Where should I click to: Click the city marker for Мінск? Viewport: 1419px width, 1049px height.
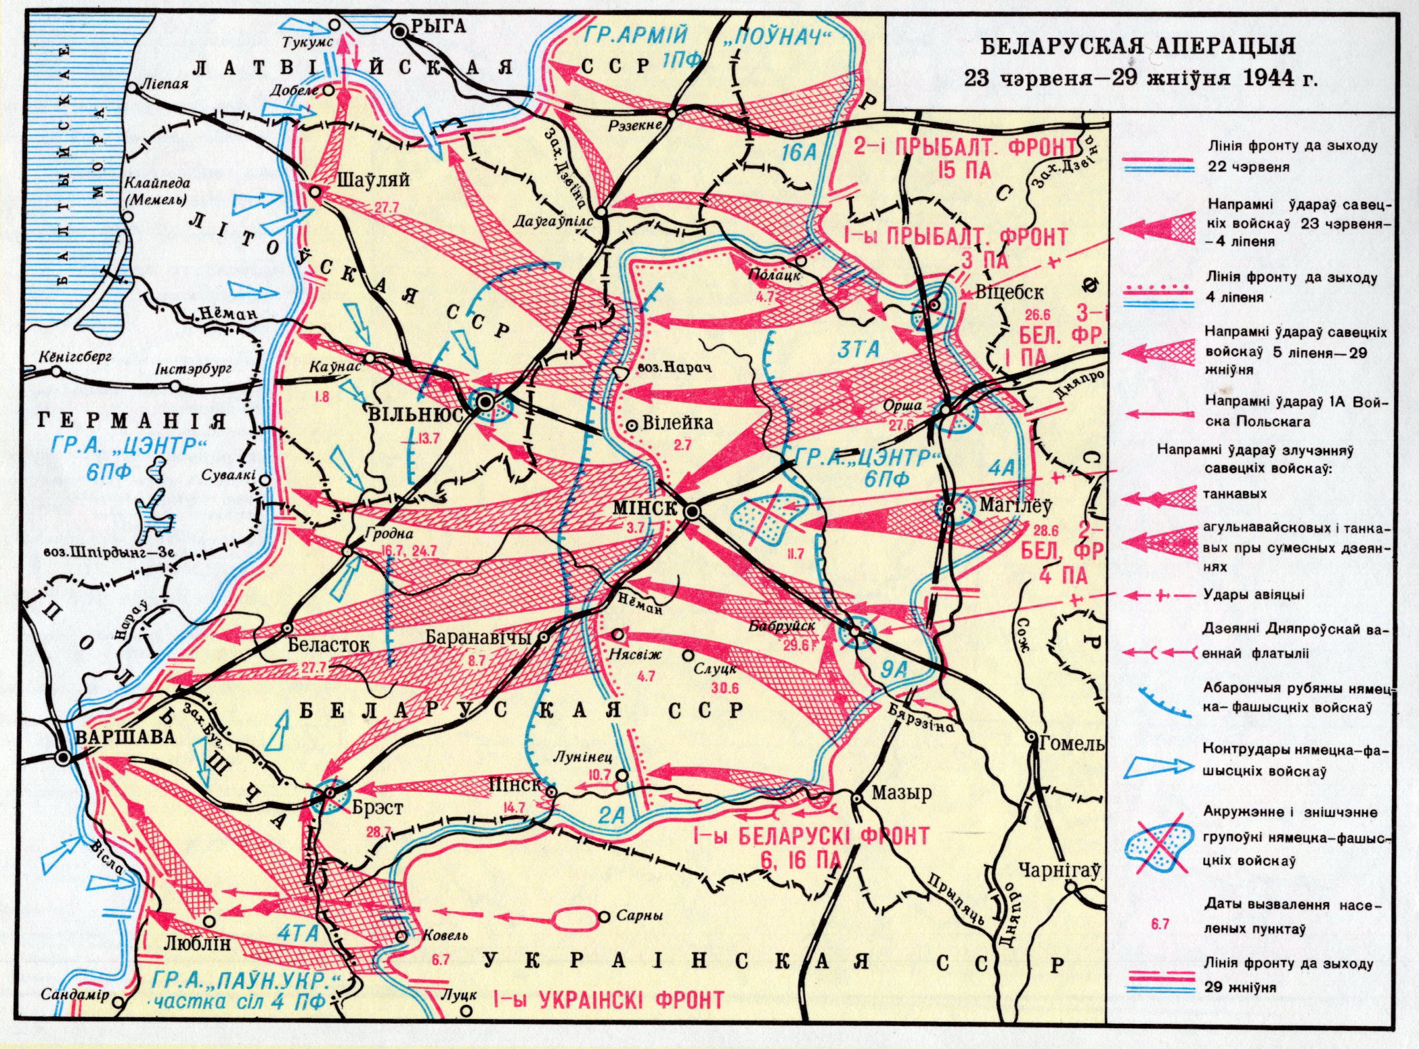691,512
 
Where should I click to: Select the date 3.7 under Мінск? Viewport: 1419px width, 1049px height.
636,528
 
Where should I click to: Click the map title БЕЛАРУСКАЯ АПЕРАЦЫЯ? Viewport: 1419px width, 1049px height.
1138,46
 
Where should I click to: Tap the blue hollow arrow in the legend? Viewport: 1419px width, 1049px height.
1159,766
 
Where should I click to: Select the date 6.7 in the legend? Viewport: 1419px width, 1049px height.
1160,924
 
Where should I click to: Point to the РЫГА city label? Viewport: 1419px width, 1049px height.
439,26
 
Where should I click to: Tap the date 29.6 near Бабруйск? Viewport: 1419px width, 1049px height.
796,645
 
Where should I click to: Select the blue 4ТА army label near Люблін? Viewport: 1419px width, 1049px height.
298,933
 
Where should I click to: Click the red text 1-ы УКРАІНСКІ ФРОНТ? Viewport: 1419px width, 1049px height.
607,1000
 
